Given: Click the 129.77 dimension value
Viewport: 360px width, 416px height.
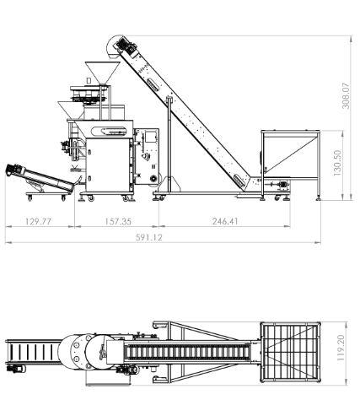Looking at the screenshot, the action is pos(39,221).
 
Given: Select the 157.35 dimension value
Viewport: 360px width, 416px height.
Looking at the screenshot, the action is pos(118,221).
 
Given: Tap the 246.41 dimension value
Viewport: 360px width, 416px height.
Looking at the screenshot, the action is pos(225,221).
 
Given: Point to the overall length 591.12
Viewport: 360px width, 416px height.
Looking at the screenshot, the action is pos(149,237).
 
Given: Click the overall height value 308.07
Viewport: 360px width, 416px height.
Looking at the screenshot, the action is pos(346,95).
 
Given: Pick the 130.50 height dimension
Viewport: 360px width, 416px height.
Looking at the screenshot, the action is pos(337,163).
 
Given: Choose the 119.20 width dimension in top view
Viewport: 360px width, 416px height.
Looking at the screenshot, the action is pos(341,348).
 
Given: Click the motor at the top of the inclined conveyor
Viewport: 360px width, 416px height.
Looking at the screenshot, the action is pos(126,46).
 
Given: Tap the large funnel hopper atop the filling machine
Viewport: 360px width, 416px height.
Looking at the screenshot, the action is pos(102,73).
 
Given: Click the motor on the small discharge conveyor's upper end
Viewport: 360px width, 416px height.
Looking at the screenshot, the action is pos(14,170).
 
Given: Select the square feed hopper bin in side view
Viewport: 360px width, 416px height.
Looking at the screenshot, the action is pos(290,154).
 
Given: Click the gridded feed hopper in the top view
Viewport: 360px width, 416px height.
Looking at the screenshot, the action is pos(290,352).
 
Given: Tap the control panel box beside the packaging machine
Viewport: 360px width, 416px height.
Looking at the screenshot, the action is pos(146,157).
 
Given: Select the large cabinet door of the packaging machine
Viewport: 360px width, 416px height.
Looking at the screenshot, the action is pos(108,165).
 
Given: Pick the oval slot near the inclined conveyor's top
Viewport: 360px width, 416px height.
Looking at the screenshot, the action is pos(153,84).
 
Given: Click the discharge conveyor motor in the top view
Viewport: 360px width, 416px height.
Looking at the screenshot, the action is pos(15,369).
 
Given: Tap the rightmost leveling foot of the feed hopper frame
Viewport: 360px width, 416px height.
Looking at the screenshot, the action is pos(319,198).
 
